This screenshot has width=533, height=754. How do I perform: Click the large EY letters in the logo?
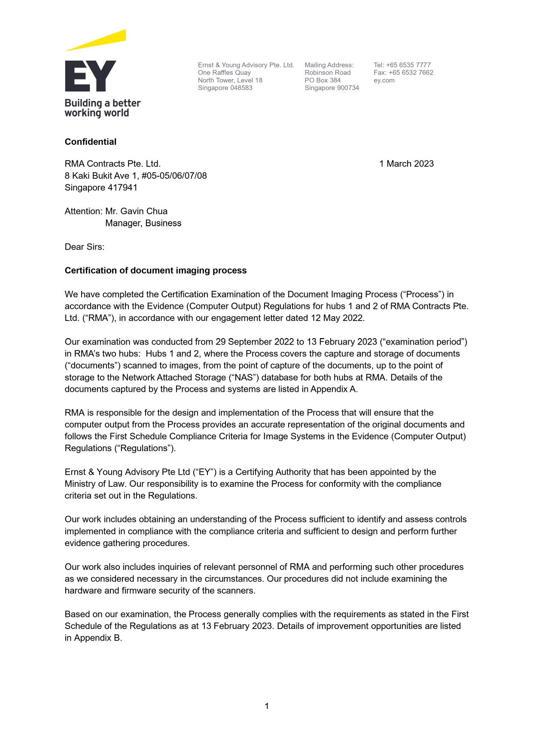coord(91,76)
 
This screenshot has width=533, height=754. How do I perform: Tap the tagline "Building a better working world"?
coord(102,108)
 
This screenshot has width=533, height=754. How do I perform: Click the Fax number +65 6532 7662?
coord(411,73)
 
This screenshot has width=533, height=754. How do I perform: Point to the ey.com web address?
coord(384,80)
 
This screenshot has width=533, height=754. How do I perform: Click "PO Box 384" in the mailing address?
coord(323,80)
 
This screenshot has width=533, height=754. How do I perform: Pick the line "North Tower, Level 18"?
coord(230,80)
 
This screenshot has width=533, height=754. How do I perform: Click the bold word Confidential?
coord(91,142)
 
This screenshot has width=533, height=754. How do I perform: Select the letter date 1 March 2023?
coord(406,164)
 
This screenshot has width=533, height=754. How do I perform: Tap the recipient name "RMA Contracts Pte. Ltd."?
coord(113,164)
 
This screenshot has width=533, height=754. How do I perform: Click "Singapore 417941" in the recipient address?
coord(101,188)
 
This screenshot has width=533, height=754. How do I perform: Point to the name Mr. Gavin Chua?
coord(136,211)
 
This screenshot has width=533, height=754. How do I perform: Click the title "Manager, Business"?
coord(143,223)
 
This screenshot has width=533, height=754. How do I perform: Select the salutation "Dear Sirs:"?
coord(85,247)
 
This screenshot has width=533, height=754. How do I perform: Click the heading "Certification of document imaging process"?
coord(155,271)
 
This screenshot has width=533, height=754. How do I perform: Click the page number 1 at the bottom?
coord(267,706)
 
